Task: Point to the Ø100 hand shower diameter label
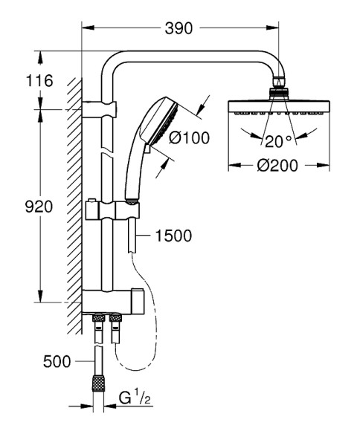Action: coord(188,137)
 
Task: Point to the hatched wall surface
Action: coord(73,201)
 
